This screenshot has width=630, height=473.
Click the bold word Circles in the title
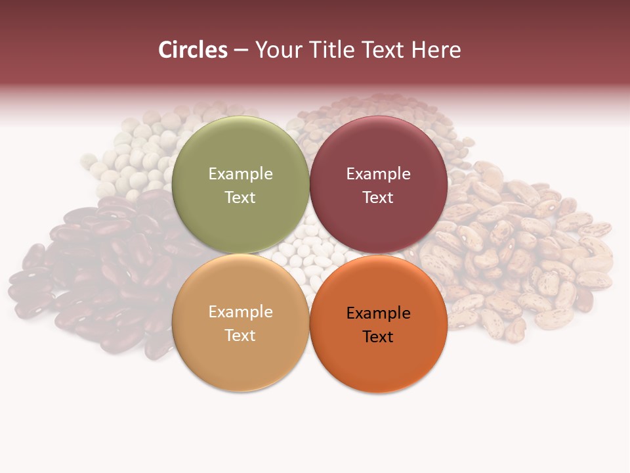click(193, 50)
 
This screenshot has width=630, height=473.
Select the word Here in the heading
click(436, 50)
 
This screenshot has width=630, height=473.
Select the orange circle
click(379, 355)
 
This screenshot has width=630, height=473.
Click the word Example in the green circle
click(240, 174)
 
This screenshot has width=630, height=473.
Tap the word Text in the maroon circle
click(378, 198)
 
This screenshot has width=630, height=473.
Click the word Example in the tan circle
click(240, 312)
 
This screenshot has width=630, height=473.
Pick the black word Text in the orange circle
click(378, 337)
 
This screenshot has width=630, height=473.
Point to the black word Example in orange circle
click(378, 313)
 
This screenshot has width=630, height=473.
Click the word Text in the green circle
click(240, 198)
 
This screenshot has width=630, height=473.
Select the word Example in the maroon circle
click(378, 174)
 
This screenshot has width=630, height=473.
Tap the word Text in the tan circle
click(240, 336)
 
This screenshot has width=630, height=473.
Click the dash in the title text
click(241, 51)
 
